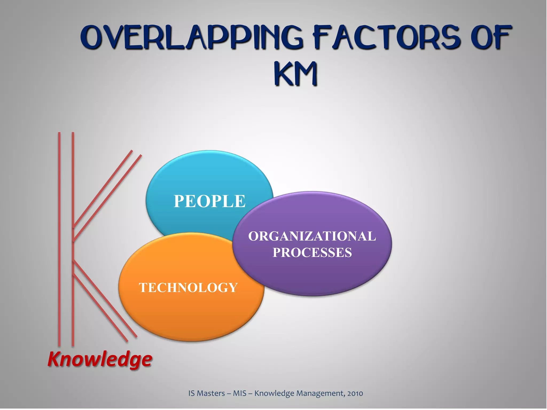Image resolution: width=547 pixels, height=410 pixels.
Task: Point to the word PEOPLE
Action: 209,201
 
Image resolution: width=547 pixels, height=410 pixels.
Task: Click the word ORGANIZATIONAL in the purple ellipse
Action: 312,236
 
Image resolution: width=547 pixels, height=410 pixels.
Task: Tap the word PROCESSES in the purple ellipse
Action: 312,253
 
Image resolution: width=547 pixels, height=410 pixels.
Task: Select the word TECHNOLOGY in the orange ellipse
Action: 188,287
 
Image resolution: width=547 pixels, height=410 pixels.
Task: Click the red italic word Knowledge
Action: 100,359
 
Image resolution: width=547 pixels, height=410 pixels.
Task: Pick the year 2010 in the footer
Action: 355,393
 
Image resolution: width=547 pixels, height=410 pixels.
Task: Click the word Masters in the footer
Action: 211,393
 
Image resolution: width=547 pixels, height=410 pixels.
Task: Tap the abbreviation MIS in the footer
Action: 240,393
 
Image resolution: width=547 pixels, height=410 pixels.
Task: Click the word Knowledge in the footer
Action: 274,393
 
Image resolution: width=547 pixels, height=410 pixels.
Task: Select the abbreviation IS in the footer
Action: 191,393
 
